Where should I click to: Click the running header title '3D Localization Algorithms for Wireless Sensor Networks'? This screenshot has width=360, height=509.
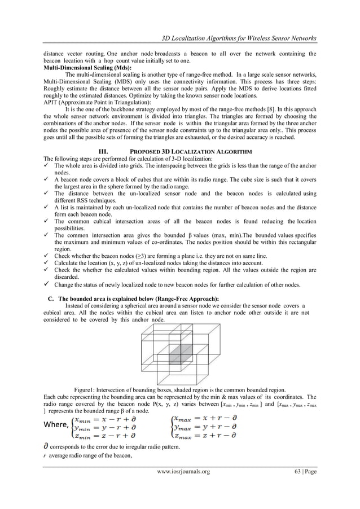coord(239,38)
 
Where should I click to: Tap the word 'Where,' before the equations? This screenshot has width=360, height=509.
coord(56,424)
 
